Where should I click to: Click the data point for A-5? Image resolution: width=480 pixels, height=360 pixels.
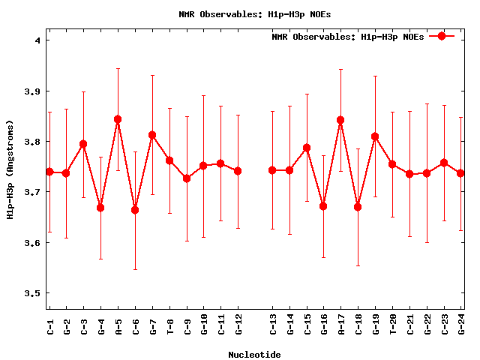click(x=118, y=119)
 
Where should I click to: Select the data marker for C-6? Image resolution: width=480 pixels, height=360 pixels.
click(x=135, y=210)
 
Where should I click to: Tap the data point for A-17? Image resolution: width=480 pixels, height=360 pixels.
click(x=340, y=120)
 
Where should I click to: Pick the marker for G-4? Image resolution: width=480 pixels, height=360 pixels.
click(x=100, y=208)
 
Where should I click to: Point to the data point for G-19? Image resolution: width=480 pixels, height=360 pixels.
click(x=375, y=136)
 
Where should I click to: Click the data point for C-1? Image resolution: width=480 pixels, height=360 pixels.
click(x=49, y=172)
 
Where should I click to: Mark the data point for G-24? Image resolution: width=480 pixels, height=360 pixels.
click(x=460, y=173)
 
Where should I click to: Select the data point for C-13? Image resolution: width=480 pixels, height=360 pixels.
click(x=272, y=170)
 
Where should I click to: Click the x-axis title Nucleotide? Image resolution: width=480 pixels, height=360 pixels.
click(x=254, y=354)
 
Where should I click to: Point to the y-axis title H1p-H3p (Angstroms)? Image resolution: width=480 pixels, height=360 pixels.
click(x=10, y=170)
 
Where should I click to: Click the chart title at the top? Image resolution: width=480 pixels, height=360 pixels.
click(x=255, y=13)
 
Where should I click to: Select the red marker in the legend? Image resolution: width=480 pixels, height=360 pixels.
click(x=442, y=36)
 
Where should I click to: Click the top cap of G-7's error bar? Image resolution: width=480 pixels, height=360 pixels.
click(x=152, y=75)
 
